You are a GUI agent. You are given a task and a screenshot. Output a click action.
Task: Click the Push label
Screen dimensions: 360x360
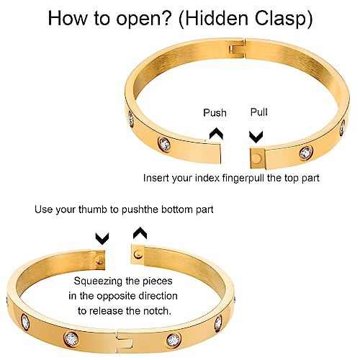(x=215, y=112)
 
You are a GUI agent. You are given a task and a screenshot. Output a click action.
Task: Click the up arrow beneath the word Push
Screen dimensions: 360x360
(x=215, y=133)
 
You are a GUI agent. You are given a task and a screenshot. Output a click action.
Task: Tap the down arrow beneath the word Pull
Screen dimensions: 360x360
(x=256, y=136)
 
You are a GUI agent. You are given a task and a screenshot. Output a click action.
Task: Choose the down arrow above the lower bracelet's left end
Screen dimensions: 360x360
(x=102, y=237)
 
